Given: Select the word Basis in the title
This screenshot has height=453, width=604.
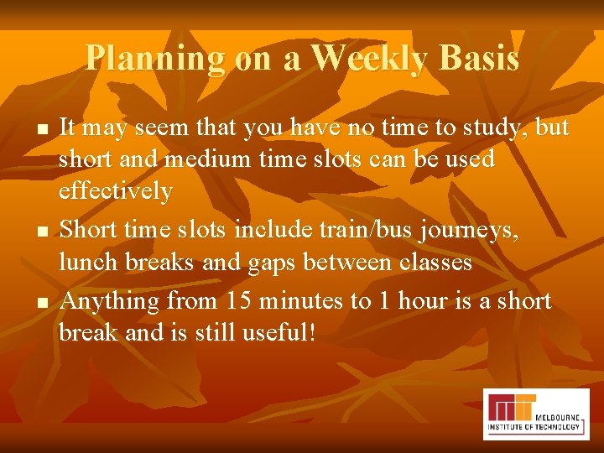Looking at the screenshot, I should coord(478,59).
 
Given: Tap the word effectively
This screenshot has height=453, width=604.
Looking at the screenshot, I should coord(115,191).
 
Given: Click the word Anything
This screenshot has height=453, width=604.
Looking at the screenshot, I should coord(111,300).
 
